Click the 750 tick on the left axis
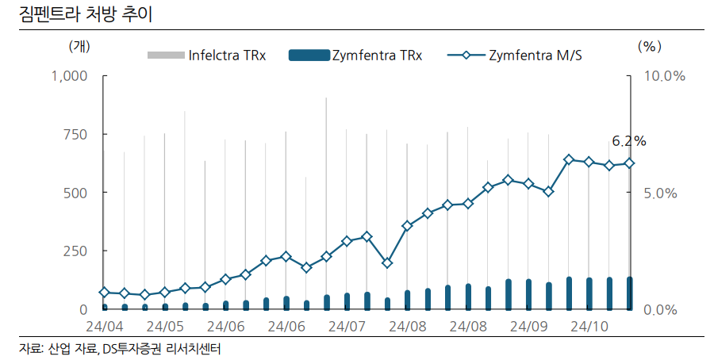75,135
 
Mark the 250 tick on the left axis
75,251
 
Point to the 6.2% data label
628,141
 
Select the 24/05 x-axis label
165,326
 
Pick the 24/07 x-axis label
347,326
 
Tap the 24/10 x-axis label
589,326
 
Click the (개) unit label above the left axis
80,46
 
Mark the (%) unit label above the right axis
649,46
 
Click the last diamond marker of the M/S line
630,163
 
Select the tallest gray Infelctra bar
326,198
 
